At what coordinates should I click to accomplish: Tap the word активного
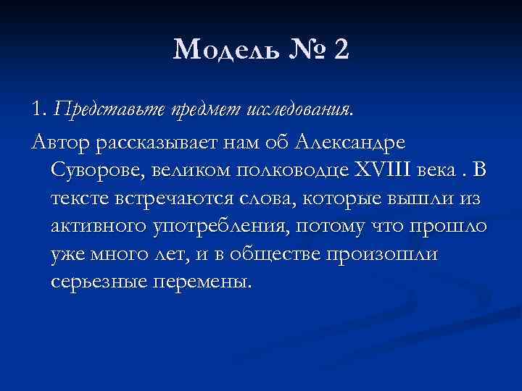coord(99,226)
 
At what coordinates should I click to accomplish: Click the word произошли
coord(395,254)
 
